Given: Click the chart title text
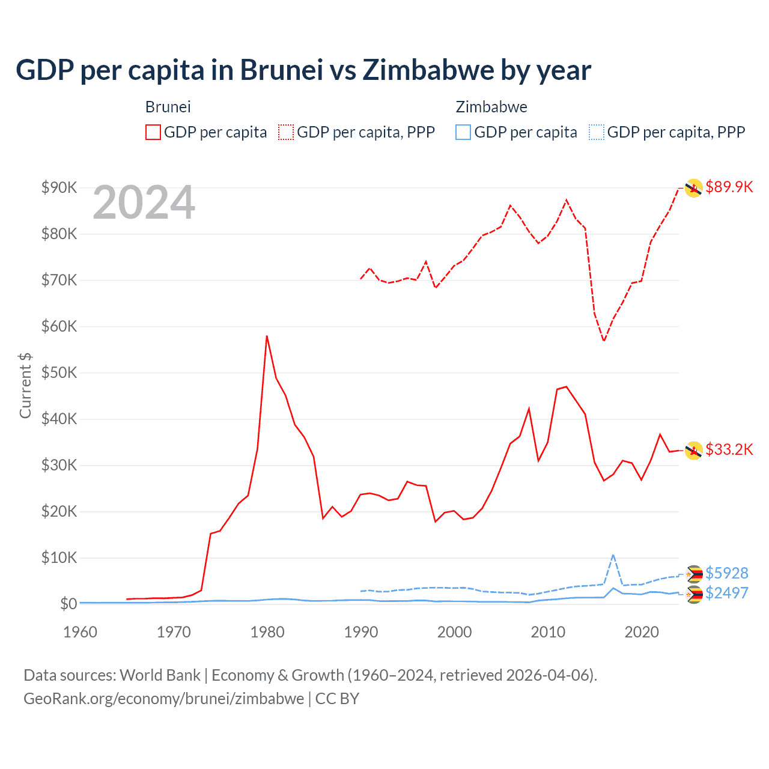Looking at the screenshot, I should click(x=303, y=70).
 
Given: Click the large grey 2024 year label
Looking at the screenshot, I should click(x=144, y=203).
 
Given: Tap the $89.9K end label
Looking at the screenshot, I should click(x=729, y=187).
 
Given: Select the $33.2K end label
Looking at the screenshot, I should click(x=729, y=449).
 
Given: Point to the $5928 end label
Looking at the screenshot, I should click(x=726, y=573).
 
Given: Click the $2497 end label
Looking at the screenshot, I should click(x=726, y=593).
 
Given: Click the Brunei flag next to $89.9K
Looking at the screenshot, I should click(x=694, y=188).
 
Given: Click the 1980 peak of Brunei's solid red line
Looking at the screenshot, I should click(x=267, y=336).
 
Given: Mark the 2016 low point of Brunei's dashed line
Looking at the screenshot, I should click(x=604, y=341).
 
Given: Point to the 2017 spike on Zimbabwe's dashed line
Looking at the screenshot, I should click(x=613, y=555).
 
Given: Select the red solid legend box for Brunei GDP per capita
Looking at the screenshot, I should click(x=153, y=132).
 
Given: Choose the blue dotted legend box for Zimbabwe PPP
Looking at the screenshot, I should click(x=597, y=132).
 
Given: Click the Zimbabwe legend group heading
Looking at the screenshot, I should click(x=491, y=107).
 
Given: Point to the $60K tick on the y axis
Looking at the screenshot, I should click(x=59, y=326).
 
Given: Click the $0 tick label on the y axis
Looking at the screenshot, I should click(x=68, y=604).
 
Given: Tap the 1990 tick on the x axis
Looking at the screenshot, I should click(x=361, y=632).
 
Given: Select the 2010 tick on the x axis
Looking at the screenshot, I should click(x=548, y=632).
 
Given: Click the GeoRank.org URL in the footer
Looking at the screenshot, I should click(x=163, y=699).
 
